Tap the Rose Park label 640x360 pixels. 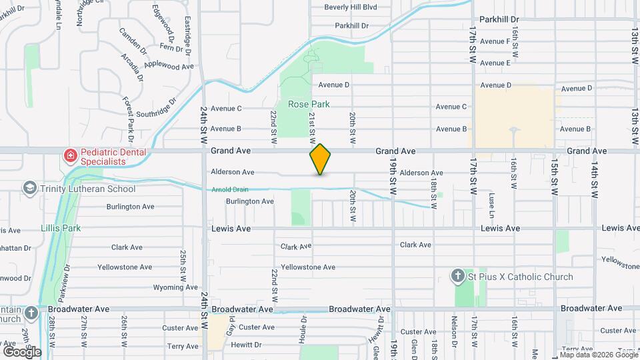(x=309, y=105)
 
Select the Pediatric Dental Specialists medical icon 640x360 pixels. (x=70, y=156)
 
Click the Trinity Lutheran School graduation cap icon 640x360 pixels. (x=29, y=189)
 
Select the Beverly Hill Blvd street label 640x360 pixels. (x=351, y=7)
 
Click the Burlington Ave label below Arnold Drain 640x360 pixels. (x=249, y=201)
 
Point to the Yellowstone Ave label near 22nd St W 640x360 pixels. (x=307, y=267)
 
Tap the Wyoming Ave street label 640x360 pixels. (x=175, y=287)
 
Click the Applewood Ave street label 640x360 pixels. (x=169, y=66)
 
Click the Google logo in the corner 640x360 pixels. (x=22, y=351)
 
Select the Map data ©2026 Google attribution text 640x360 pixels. (x=597, y=355)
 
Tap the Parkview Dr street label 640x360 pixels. (x=65, y=279)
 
